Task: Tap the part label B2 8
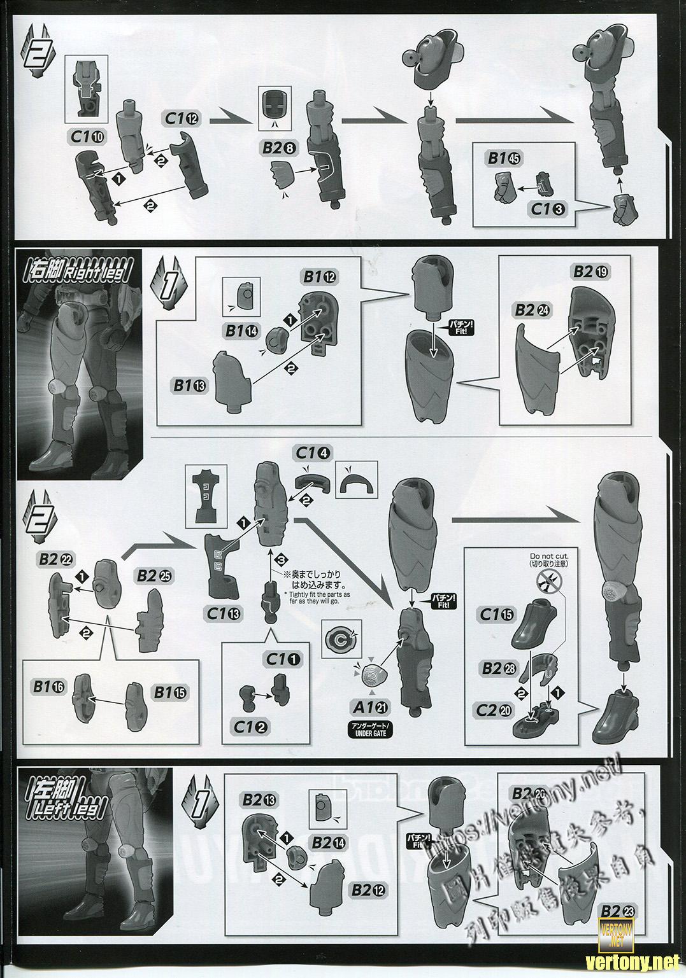pyautogui.click(x=280, y=149)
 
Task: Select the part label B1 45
pyautogui.click(x=506, y=158)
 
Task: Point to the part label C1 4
pyautogui.click(x=313, y=454)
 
